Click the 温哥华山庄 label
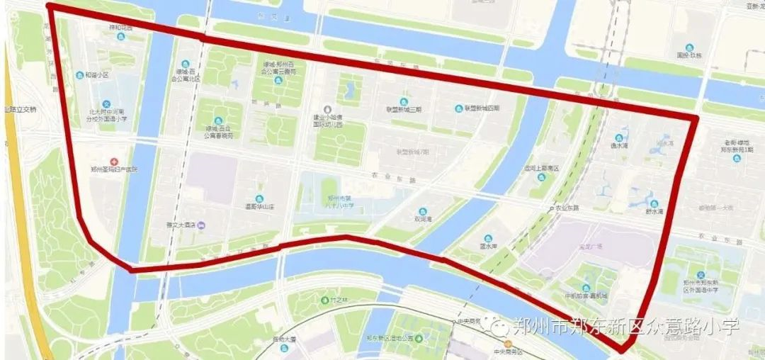(x=259, y=208)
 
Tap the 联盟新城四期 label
(x=482, y=108)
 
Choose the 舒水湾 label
(x=654, y=211)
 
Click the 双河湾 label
(x=423, y=220)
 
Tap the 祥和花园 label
(x=120, y=28)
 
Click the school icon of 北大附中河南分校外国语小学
(x=107, y=104)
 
